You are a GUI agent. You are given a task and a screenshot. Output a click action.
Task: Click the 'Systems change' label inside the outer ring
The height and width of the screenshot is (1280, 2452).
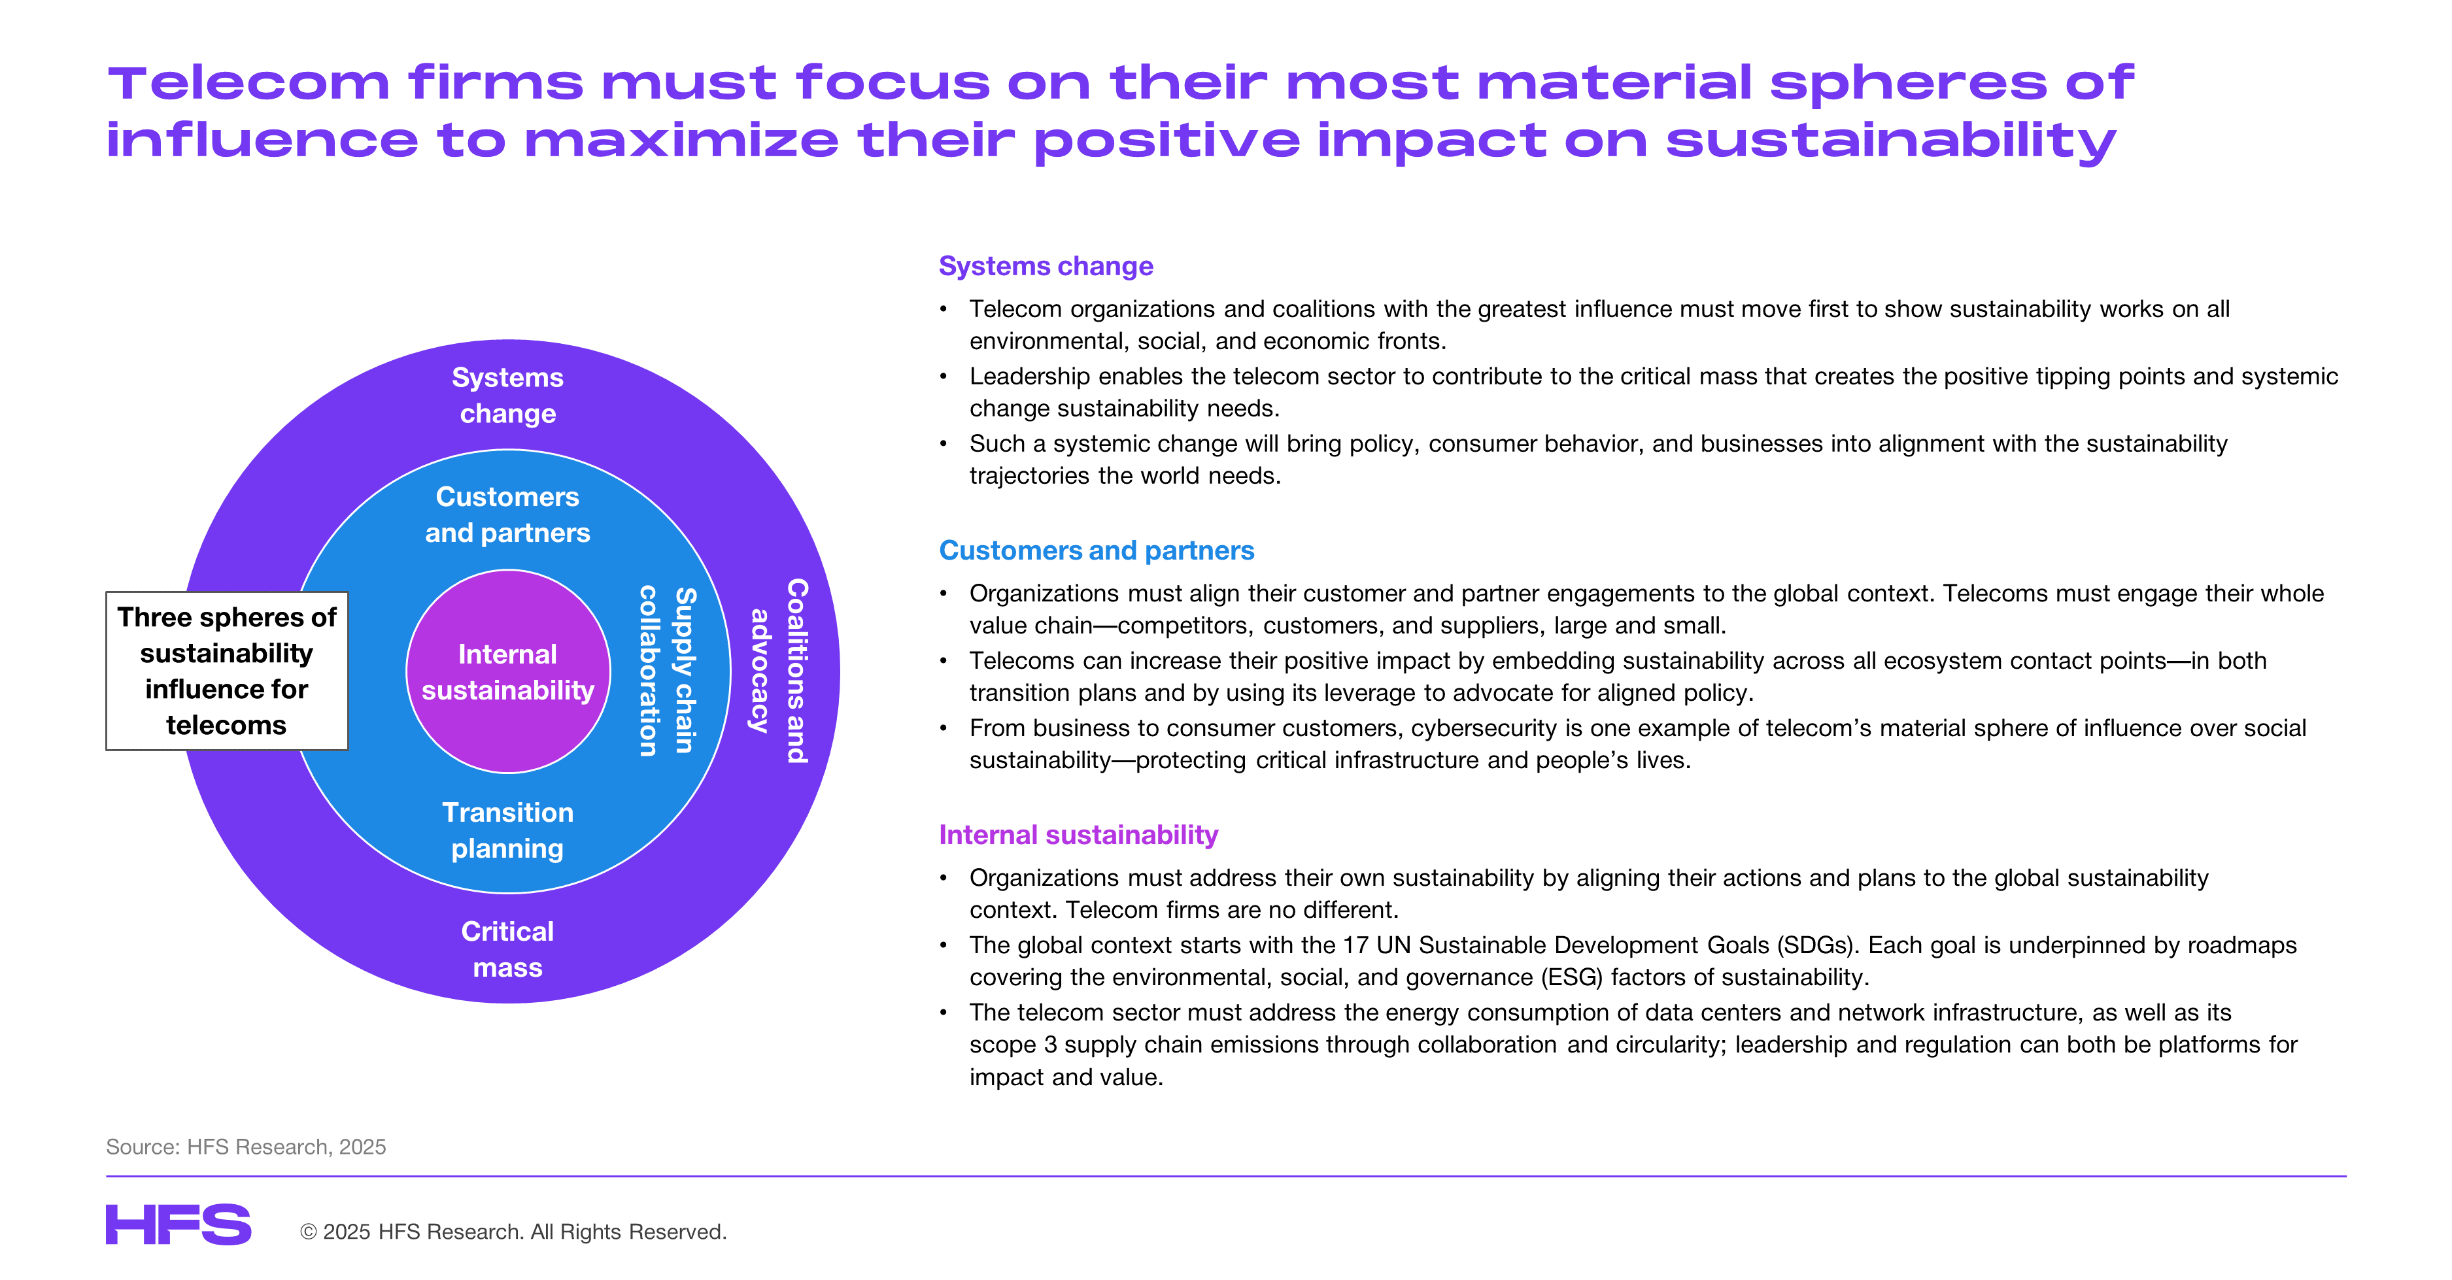pos(507,395)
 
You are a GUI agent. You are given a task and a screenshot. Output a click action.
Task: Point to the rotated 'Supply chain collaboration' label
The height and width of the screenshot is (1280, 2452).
pos(667,671)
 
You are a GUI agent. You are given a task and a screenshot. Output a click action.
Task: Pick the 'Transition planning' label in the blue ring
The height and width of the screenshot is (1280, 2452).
pos(507,830)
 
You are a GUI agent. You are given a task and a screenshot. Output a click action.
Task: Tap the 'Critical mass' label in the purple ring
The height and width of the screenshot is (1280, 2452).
pos(507,949)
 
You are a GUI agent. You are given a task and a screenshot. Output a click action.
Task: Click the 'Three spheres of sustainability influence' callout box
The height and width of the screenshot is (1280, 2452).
pos(226,671)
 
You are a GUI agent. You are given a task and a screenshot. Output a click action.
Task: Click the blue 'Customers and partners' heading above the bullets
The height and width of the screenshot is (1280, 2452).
pos(1096,550)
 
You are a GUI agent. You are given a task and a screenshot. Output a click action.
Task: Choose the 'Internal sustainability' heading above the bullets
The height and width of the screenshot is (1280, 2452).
pos(1078,835)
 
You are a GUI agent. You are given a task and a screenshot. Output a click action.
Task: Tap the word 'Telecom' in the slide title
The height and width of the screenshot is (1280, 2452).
pos(248,83)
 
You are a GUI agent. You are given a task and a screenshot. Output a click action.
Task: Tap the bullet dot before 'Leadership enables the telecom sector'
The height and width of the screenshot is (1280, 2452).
pos(944,377)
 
